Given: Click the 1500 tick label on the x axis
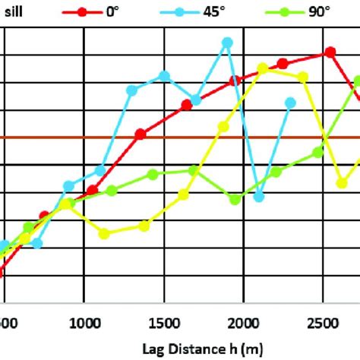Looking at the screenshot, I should click(164, 321).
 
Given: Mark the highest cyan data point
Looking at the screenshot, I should click(226, 43).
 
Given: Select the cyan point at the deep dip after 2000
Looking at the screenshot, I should click(258, 197).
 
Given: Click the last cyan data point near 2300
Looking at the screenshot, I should click(290, 102).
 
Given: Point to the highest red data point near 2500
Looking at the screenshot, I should click(330, 52).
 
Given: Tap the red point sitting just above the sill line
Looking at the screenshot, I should click(141, 134).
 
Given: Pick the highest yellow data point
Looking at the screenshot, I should click(263, 68).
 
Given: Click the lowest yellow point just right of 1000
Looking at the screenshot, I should click(104, 234).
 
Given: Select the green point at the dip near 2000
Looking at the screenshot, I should click(235, 200).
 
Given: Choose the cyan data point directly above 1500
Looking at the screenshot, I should click(164, 75).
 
